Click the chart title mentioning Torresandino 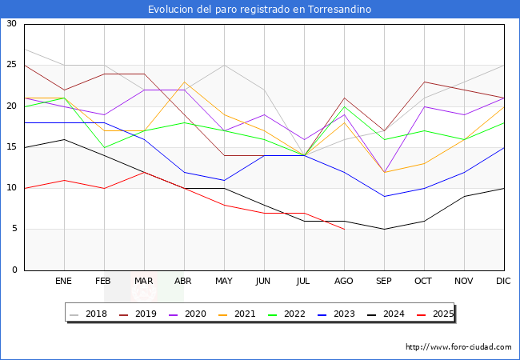259,10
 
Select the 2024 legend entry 391,314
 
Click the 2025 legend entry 440,314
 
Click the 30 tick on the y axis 11,24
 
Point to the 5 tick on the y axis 14,230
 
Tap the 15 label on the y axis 11,147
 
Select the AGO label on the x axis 344,282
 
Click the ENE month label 64,282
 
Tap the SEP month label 384,282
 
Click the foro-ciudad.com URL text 458,347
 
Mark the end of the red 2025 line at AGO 344,230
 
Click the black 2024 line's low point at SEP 384,230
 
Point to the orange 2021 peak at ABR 184,82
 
